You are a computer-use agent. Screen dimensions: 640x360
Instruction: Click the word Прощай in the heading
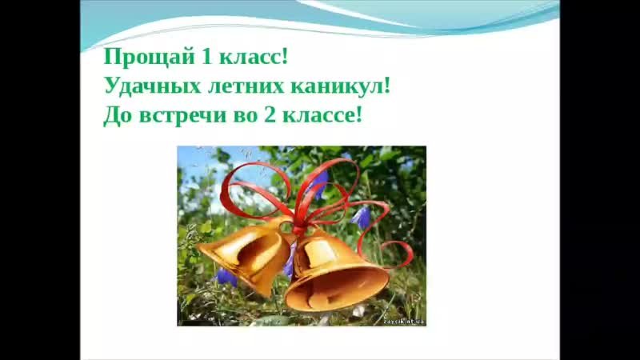tap(149, 57)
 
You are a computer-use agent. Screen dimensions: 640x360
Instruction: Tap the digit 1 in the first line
tap(206, 56)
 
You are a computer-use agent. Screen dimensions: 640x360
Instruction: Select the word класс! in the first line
tap(254, 57)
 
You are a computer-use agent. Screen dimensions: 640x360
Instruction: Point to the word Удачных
tap(153, 86)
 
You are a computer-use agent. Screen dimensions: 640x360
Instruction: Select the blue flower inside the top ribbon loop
tap(319, 183)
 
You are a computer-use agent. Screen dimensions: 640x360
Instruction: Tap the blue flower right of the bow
tap(361, 217)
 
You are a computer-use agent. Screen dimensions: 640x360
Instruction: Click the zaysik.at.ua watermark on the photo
tap(404, 322)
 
